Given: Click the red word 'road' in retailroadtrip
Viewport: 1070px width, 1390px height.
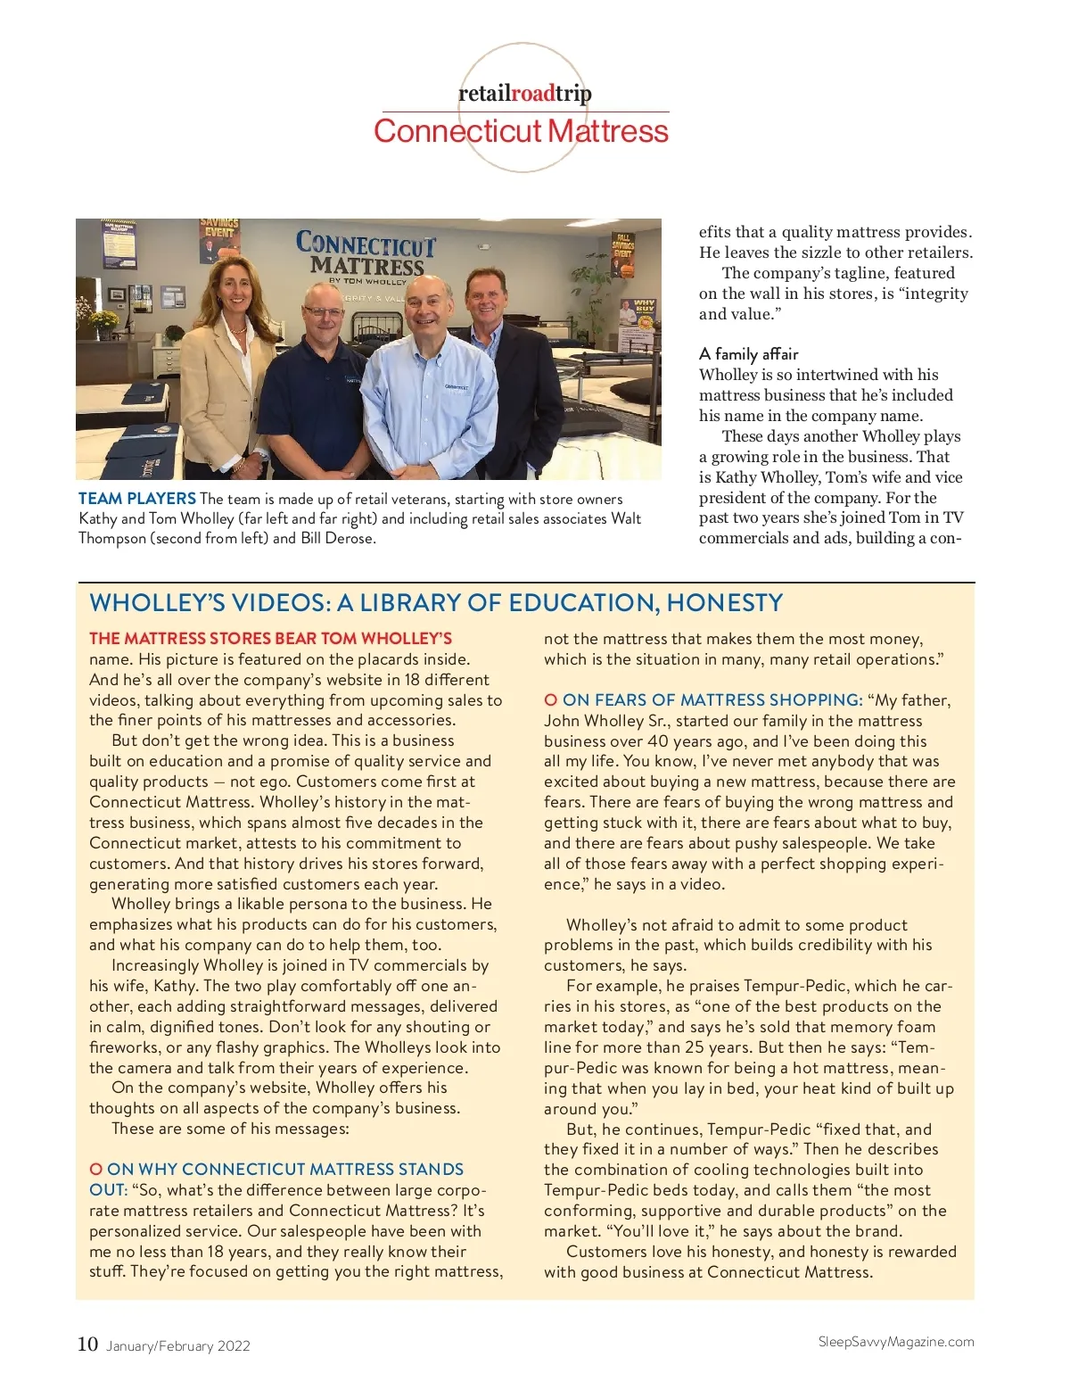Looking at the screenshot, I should [532, 93].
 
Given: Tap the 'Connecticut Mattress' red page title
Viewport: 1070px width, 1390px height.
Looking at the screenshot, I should [521, 131].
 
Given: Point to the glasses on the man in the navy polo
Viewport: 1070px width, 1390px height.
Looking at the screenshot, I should [322, 312].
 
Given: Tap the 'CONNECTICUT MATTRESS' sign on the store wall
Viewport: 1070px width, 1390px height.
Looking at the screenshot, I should [366, 253].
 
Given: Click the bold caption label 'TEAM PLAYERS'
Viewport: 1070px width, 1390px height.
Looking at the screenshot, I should [137, 499].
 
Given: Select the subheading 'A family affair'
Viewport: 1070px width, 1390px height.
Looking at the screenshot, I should [748, 354].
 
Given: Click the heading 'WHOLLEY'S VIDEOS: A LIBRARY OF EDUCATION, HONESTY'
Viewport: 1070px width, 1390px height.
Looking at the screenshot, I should [436, 603].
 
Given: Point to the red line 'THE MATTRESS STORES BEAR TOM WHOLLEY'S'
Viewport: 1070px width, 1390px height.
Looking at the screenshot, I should [270, 639].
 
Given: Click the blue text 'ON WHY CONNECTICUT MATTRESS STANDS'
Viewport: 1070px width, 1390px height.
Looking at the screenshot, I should [285, 1170].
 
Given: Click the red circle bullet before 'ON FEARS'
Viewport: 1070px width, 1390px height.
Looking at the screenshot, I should [550, 700].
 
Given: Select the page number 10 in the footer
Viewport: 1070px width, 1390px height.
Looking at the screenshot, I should [87, 1344].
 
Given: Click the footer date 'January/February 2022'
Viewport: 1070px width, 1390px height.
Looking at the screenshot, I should [178, 1346].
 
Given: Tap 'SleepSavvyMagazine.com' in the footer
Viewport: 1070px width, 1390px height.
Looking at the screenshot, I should [895, 1342].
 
